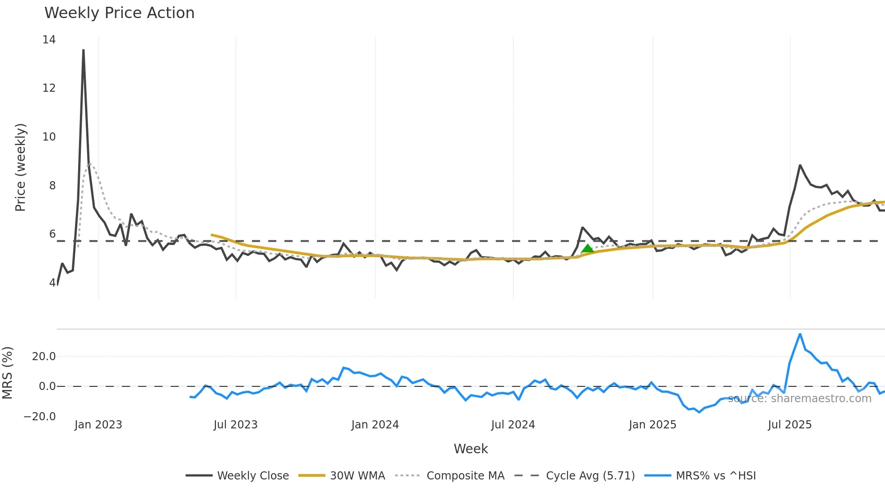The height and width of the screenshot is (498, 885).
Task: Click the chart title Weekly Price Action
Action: tap(119, 13)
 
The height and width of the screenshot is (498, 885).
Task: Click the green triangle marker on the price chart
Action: tap(587, 248)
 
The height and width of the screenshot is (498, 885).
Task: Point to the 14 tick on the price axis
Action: tap(49, 40)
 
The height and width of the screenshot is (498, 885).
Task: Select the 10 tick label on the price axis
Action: tap(49, 137)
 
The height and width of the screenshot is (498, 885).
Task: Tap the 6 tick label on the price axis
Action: tap(52, 234)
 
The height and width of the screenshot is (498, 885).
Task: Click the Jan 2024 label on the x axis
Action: tap(375, 425)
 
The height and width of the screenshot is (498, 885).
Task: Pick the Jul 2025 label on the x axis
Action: tap(789, 425)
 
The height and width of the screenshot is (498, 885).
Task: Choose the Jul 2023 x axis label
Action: tap(235, 425)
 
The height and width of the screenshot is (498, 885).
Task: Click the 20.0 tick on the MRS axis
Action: tap(44, 357)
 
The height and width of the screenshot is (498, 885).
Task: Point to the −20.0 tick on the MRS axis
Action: tap(40, 417)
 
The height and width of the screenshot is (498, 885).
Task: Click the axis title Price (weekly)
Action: tap(20, 167)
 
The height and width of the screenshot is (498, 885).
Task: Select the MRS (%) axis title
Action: tap(7, 373)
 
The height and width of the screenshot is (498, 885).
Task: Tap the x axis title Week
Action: tap(470, 449)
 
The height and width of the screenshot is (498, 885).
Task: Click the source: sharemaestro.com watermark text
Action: tap(799, 399)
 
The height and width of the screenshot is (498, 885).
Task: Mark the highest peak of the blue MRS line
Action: tap(800, 334)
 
